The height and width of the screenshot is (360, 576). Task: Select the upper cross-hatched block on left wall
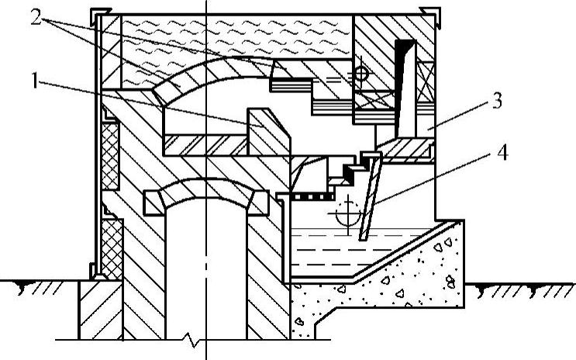coord(110,154)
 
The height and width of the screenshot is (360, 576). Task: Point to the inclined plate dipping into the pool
coord(371,198)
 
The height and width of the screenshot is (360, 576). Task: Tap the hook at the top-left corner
coord(97,15)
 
